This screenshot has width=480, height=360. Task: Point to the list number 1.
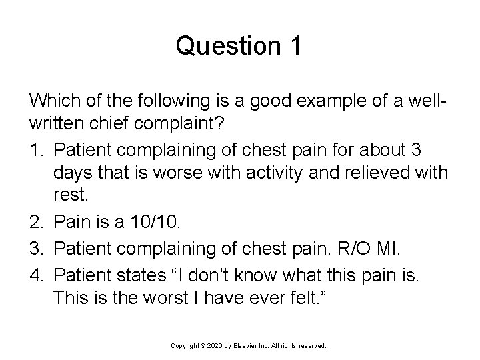[x=34, y=146]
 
